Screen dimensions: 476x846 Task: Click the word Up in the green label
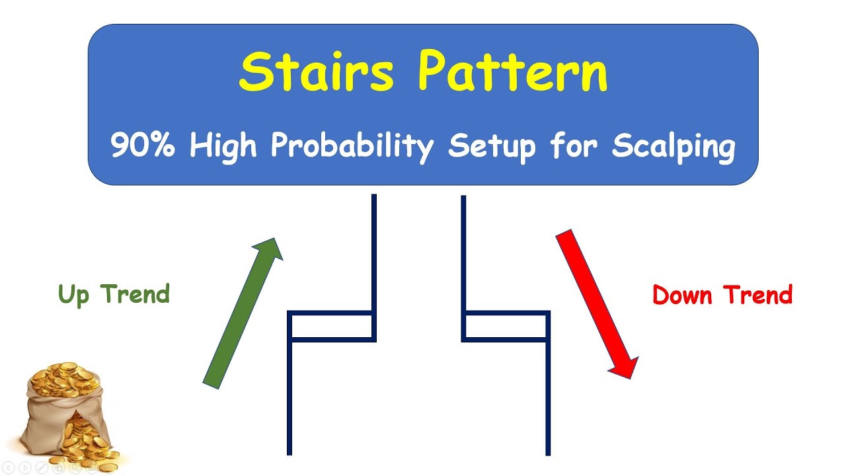73,295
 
